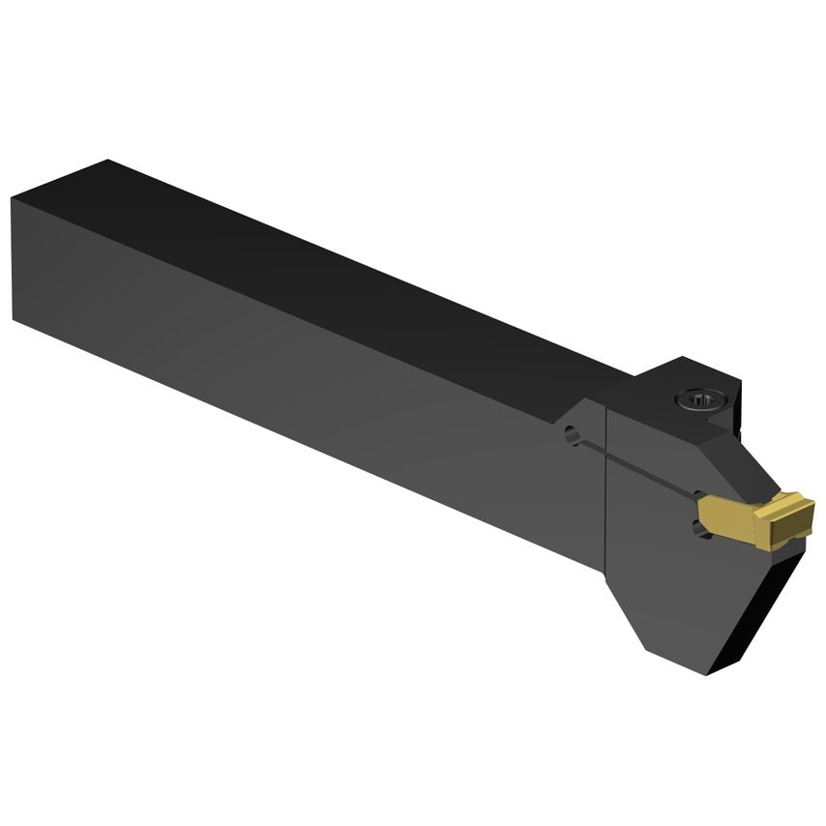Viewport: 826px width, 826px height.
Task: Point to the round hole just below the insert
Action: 700,527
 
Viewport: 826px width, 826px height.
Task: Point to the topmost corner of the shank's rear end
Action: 108,161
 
